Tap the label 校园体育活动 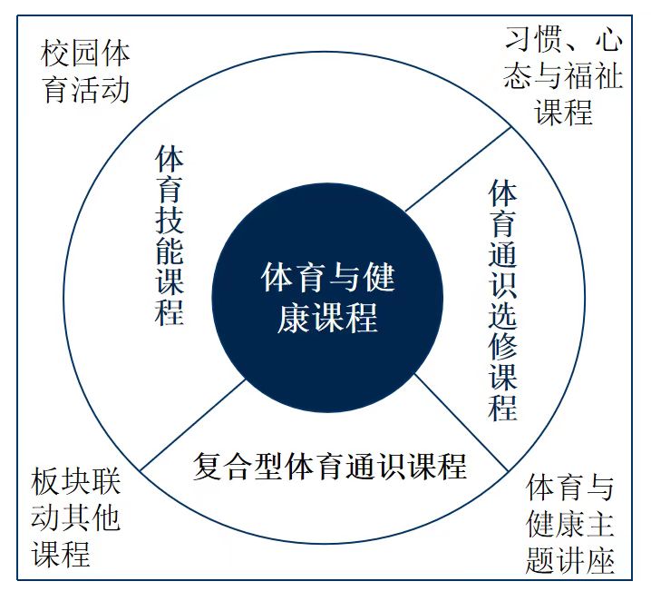(86, 71)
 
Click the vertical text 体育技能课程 (170, 235)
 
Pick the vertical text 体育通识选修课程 (503, 300)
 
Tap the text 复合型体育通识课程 (330, 466)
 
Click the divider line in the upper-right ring (459, 170)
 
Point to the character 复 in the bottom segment (208, 467)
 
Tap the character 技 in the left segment (170, 220)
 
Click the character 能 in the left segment (170, 250)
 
